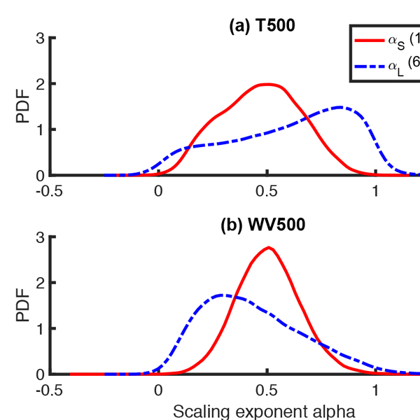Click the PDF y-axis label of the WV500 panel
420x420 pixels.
24,306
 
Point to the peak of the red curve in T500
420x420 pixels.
268,84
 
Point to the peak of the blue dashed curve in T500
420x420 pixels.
340,107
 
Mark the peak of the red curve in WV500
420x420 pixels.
268,247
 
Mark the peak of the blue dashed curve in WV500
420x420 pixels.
223,295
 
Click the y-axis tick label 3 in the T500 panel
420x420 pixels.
42,38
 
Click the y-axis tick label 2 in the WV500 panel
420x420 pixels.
42,283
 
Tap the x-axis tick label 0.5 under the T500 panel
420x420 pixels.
267,191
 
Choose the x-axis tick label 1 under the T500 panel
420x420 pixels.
376,191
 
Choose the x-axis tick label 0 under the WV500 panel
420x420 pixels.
159,390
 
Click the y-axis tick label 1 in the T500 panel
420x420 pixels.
42,129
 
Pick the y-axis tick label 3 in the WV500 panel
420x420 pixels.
42,237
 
